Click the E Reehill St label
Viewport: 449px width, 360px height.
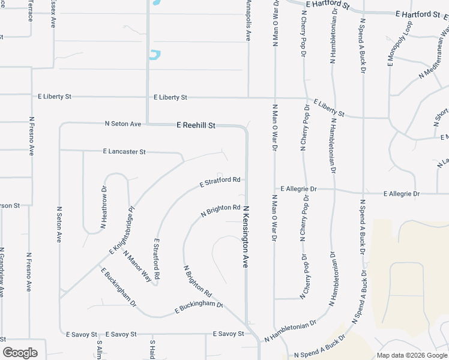[x=196, y=125]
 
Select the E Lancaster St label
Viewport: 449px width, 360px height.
[x=124, y=152]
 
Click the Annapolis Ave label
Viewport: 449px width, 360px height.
[x=248, y=20]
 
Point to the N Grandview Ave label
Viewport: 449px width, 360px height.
[x=2, y=272]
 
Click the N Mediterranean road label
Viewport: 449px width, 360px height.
[x=433, y=67]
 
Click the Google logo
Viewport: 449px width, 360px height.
[x=20, y=353]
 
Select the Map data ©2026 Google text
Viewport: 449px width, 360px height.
[x=412, y=355]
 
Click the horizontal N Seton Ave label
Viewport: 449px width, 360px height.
[x=122, y=124]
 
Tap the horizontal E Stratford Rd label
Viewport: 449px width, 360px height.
[x=220, y=181]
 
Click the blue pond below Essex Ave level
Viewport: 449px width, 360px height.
[x=155, y=55]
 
